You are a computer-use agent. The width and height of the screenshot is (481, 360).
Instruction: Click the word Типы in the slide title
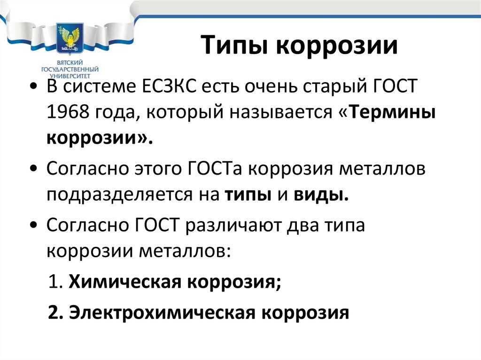click(x=239, y=47)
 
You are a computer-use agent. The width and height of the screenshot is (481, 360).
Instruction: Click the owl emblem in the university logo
click(x=69, y=39)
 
